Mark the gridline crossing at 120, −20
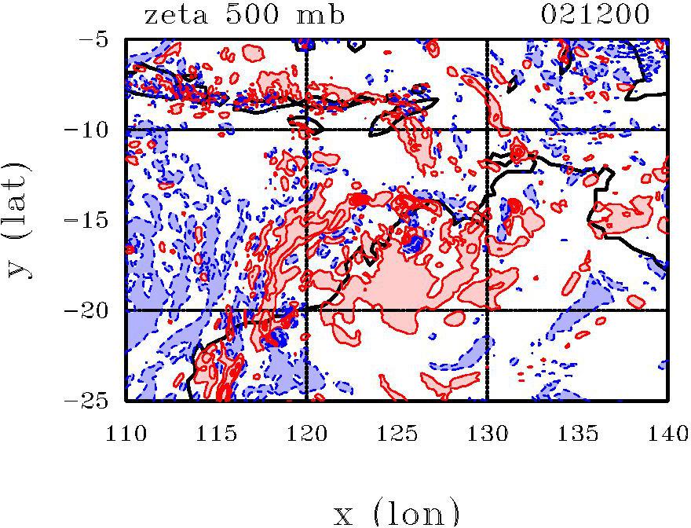[x=306, y=310]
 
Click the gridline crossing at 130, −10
[x=487, y=129]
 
